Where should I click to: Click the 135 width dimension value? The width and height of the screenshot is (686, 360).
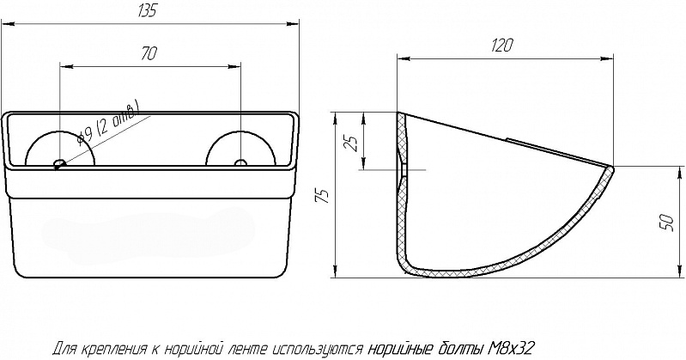pyautogui.click(x=147, y=10)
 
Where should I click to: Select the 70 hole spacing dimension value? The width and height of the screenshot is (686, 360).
pyautogui.click(x=149, y=53)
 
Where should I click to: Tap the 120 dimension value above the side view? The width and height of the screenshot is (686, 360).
pyautogui.click(x=501, y=45)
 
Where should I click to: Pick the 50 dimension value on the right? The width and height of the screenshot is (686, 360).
pyautogui.click(x=666, y=223)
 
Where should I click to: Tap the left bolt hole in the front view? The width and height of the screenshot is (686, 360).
pyautogui.click(x=58, y=164)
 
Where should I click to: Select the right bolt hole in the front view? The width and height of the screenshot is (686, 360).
pyautogui.click(x=240, y=163)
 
